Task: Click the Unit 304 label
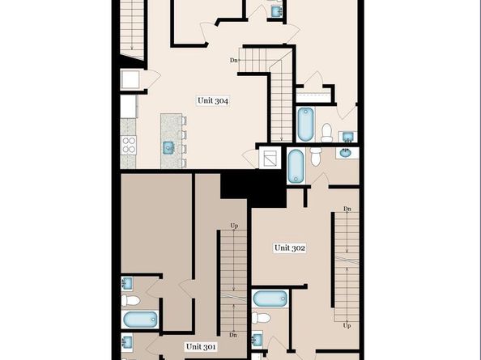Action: click(213, 101)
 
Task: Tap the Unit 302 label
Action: click(289, 248)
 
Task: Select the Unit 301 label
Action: click(201, 346)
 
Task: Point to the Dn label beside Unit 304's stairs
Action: click(234, 60)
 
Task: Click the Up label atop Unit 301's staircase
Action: click(234, 226)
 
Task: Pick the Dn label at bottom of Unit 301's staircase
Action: click(233, 335)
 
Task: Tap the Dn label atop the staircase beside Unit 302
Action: click(347, 210)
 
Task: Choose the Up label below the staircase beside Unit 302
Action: click(347, 325)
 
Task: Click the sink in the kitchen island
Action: click(168, 147)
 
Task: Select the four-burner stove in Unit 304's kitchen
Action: click(129, 146)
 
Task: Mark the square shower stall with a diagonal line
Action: click(269, 157)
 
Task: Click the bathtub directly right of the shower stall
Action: click(296, 166)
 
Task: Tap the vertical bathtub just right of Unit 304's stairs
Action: click(305, 123)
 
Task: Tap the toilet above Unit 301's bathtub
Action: click(130, 300)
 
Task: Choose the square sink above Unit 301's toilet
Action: click(127, 283)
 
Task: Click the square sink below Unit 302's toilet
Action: click(257, 340)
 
